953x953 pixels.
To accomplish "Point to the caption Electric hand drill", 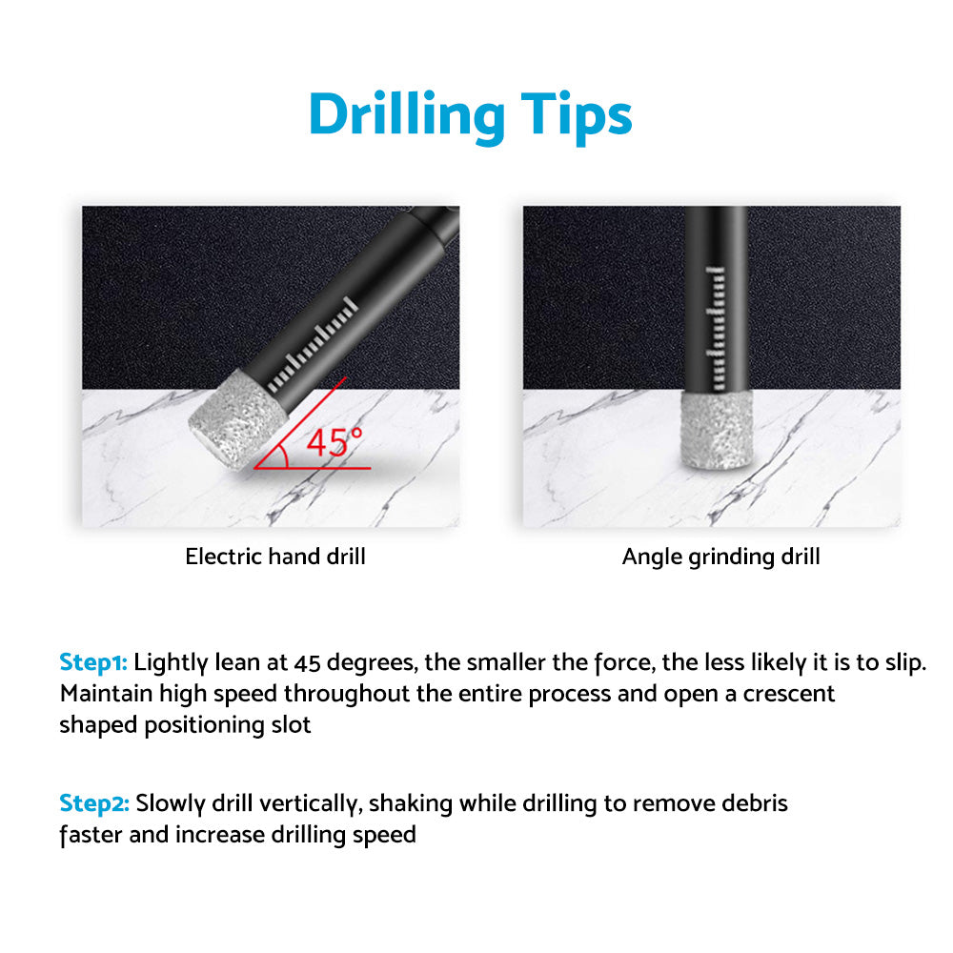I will click(x=275, y=557).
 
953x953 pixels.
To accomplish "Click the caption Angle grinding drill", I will click(x=720, y=557).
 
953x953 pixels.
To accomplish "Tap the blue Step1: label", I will click(x=94, y=662).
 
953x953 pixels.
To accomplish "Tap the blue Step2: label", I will click(x=94, y=803).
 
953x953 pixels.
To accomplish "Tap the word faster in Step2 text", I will click(x=89, y=835).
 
